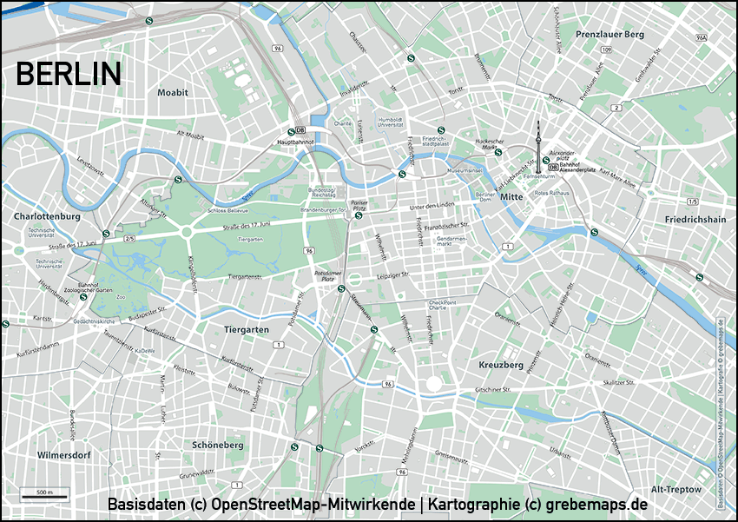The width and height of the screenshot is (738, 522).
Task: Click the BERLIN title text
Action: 69,75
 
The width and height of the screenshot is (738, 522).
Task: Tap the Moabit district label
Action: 172,92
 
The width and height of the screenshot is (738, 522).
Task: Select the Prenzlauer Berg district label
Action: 610,34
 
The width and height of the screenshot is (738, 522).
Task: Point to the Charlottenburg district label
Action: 48,215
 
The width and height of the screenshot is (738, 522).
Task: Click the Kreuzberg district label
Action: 501,365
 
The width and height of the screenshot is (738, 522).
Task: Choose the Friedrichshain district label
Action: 694,220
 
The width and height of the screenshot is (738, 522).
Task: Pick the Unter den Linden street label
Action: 433,206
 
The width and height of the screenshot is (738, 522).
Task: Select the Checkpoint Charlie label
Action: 442,305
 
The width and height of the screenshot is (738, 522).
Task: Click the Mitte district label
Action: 511,197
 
